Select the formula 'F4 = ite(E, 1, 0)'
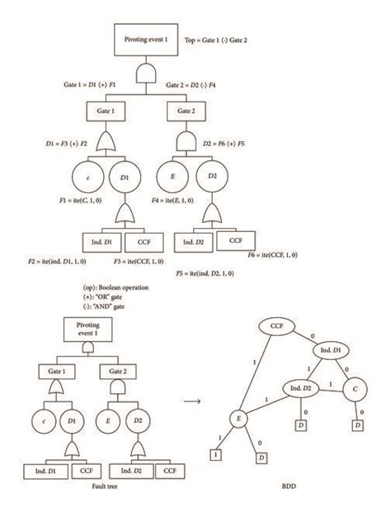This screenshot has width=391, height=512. pos(195,200)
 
